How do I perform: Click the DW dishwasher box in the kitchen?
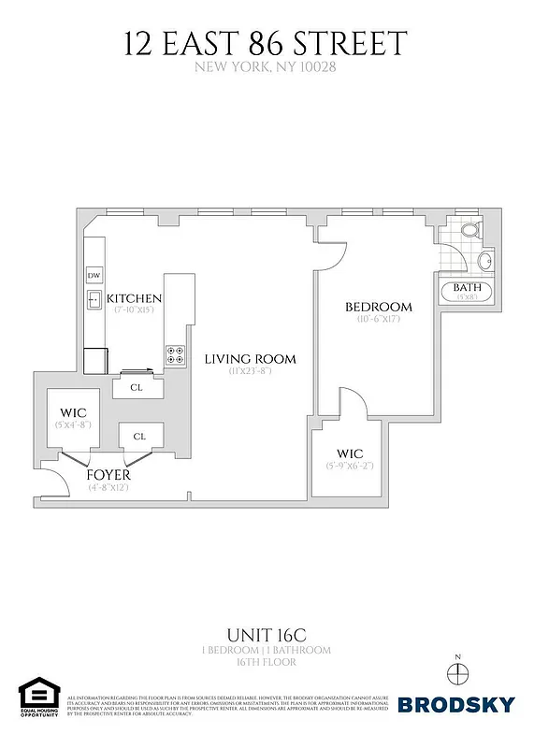94,276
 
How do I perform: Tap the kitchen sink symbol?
95,300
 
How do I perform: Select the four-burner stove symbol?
176,353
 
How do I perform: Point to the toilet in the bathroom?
469,229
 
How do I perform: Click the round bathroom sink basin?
485,260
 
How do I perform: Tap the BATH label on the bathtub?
467,287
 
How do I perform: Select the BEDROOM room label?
379,307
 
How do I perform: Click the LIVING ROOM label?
250,359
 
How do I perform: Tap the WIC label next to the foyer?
73,411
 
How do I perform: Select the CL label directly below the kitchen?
137,386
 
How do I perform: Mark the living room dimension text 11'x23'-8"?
250,372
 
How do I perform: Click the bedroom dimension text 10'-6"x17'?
379,320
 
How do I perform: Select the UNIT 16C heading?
267,632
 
